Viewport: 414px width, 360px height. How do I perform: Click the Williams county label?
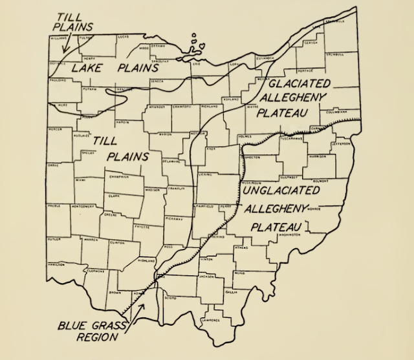tap(60, 39)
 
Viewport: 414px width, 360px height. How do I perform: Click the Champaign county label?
tap(120, 176)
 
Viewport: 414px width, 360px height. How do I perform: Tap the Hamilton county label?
tap(56, 264)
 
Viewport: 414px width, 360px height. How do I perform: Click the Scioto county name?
tap(171, 298)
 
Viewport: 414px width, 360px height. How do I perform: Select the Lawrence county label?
tap(212, 320)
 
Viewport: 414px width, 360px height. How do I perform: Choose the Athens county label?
tap(241, 248)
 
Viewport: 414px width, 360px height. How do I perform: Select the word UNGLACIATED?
tap(285, 189)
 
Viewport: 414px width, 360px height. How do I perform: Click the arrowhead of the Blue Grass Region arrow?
tap(152, 286)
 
